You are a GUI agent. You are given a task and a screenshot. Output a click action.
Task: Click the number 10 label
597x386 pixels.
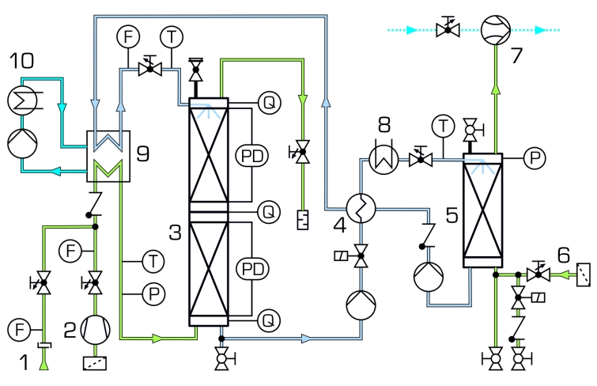[x=21, y=61]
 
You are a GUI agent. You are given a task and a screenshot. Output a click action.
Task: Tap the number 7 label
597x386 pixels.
[x=516, y=55]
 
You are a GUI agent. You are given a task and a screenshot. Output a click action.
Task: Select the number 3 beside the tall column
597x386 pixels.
[x=175, y=232]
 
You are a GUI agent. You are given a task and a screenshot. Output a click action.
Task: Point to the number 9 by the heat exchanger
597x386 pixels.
[x=143, y=153]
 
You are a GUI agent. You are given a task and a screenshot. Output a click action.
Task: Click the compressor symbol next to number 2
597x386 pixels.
[x=96, y=330]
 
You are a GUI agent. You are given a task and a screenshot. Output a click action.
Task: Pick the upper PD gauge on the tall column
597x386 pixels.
[x=252, y=156]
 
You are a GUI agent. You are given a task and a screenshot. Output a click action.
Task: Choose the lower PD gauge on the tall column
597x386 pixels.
[x=252, y=269]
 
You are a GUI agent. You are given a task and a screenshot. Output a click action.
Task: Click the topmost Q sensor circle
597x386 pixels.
[x=270, y=103]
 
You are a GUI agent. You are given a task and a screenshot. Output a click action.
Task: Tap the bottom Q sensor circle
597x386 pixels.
[x=269, y=320]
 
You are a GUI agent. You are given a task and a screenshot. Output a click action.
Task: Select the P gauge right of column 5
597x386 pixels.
[x=535, y=157]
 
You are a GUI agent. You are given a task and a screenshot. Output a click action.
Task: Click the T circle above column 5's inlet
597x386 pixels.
[x=444, y=126]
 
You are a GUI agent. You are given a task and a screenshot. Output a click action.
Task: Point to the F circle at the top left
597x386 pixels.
[x=128, y=37]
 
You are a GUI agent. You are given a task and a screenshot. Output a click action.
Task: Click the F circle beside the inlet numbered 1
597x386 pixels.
[x=19, y=330]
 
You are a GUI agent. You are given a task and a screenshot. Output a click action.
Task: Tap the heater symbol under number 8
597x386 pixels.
[x=384, y=159]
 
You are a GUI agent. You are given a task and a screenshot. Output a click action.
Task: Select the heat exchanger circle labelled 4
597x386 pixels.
[x=361, y=208]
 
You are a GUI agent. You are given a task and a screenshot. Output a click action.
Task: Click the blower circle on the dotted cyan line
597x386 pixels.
[x=495, y=30]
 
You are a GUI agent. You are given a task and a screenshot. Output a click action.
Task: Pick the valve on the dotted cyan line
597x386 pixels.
[x=448, y=28]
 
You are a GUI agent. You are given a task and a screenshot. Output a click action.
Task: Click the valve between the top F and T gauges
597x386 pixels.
[x=150, y=67]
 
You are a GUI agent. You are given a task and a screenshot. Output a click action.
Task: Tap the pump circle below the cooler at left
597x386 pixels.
[x=22, y=144]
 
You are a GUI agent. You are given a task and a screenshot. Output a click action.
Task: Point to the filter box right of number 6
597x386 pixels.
[x=584, y=274]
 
